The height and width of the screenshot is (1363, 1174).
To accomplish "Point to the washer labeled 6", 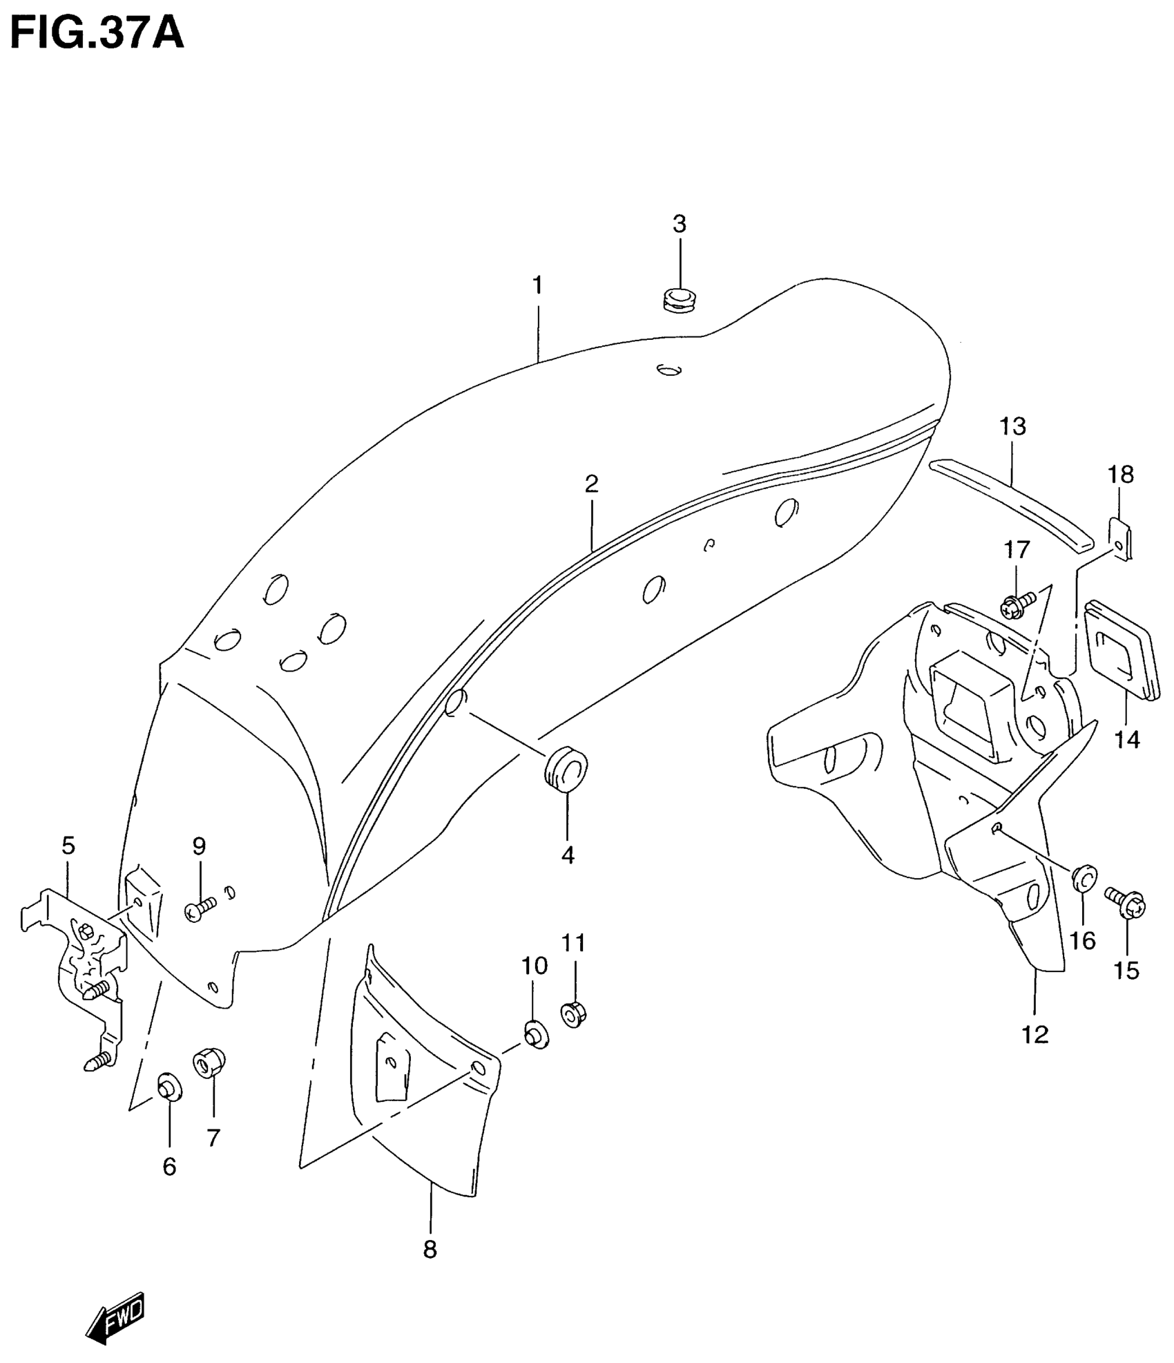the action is pos(169,1089).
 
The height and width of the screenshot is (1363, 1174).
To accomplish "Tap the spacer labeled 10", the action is pos(535,1033).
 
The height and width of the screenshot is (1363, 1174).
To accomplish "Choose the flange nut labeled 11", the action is pos(572,1014).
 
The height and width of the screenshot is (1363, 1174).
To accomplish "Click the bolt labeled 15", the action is pos(1126,902).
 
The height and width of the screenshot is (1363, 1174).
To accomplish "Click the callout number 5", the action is pos(68,846).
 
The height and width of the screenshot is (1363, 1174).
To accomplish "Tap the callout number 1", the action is pos(537,285).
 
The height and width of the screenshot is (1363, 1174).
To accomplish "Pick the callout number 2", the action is pos(591,484).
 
